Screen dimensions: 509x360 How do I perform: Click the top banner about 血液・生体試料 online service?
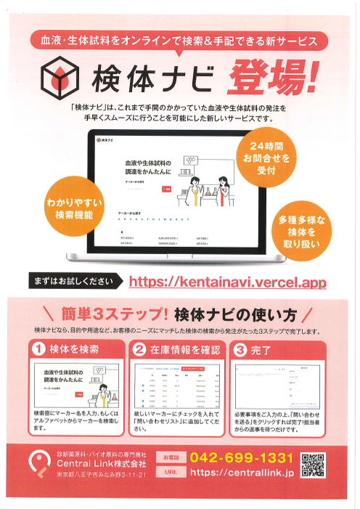(x=179, y=40)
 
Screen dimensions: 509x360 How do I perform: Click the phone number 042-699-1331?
(x=241, y=458)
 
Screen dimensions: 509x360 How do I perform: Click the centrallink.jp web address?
(x=241, y=473)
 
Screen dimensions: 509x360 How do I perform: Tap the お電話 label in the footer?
(x=171, y=458)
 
